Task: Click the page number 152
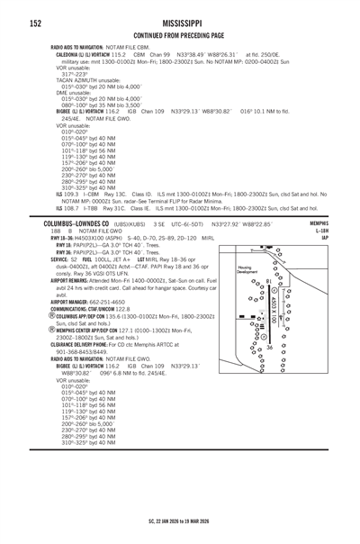click(13, 14)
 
